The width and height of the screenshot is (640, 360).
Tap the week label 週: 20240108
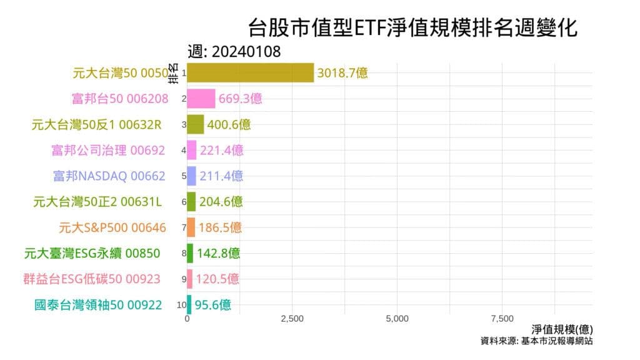tap(234, 52)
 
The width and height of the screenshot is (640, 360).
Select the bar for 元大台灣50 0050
tap(250, 72)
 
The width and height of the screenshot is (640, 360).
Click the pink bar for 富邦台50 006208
tap(201, 98)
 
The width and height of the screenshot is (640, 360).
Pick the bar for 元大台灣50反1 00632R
tap(196, 124)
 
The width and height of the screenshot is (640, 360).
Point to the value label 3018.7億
tap(342, 72)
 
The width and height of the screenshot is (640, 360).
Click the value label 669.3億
tap(240, 98)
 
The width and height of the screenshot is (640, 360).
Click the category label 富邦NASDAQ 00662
tap(109, 176)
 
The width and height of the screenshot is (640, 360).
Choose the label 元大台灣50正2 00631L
tap(97, 202)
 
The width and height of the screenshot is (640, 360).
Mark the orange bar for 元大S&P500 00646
tap(191, 227)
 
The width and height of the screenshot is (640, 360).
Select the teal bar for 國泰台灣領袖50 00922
tap(189, 305)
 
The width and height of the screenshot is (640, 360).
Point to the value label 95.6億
tap(212, 305)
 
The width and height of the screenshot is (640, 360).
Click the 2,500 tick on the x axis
tap(292, 319)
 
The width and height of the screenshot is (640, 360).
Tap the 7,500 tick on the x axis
tap(502, 319)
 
